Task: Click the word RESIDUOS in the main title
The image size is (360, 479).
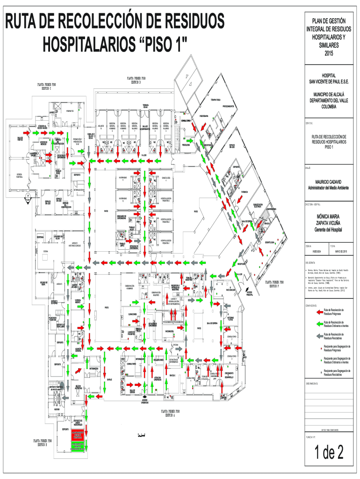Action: pos(189,22)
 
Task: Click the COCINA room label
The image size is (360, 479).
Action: pos(46,252)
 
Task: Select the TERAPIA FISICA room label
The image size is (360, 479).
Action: pos(215,100)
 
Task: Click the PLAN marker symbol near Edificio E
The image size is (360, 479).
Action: pos(28,196)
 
